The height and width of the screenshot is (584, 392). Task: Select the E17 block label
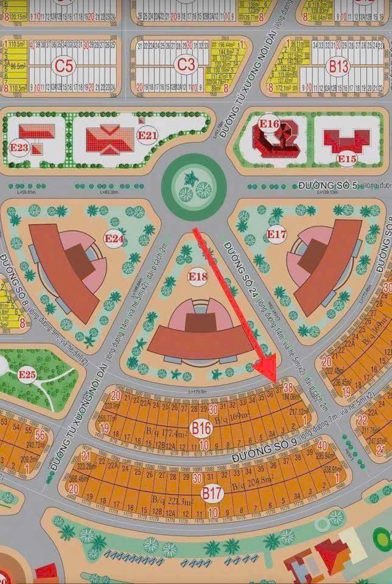point(276,234)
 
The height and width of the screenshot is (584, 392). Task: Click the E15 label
point(347,159)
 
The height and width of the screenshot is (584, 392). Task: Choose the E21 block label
point(147,136)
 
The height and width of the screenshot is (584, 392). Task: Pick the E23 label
point(19,147)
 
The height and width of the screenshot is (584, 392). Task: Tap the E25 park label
point(27,374)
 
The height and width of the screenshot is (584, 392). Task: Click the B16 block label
point(201,428)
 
